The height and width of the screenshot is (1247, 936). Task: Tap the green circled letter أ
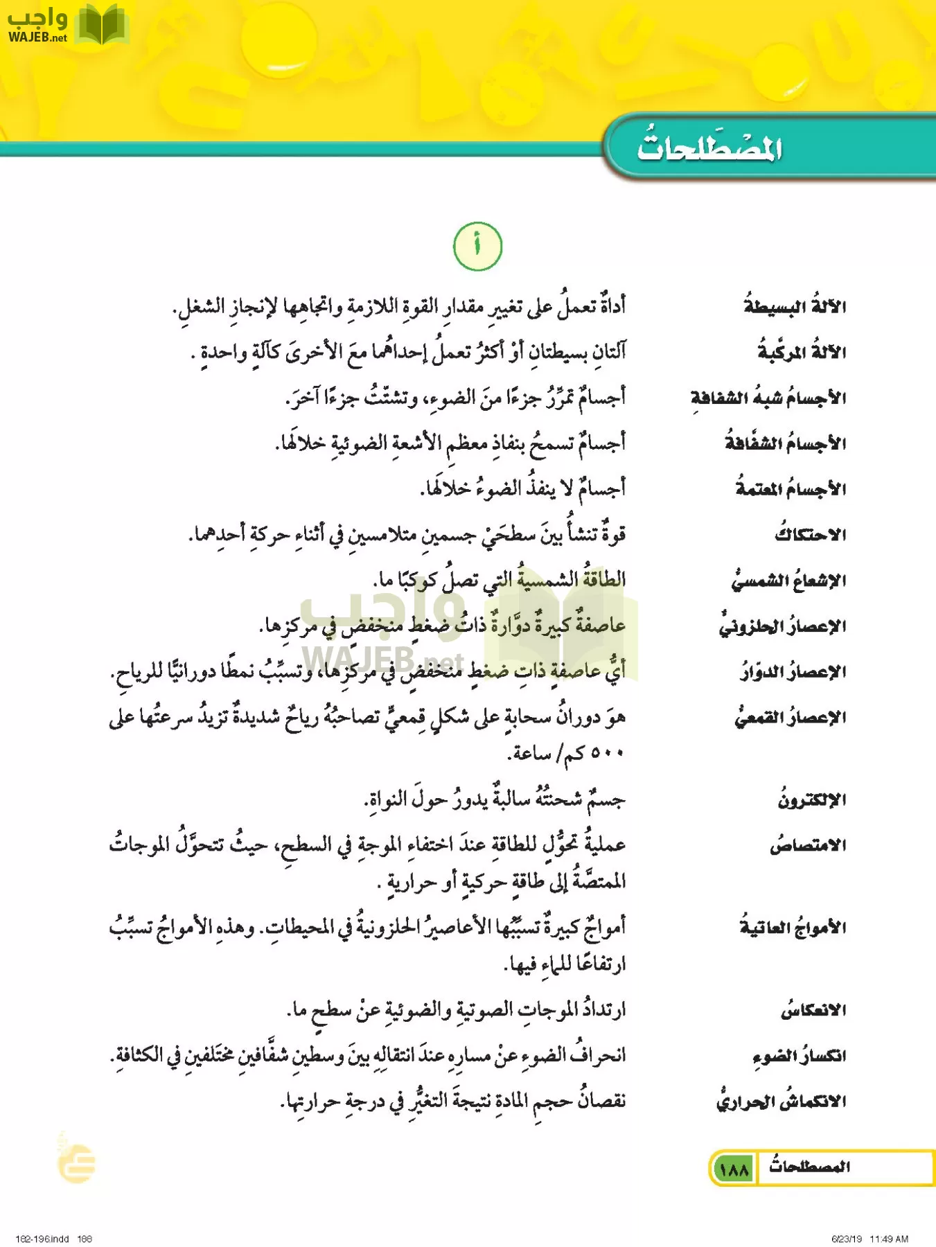click(477, 247)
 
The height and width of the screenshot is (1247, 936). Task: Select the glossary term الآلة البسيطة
click(795, 306)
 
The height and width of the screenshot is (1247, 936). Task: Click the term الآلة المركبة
click(802, 351)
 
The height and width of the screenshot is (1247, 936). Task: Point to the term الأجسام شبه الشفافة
click(768, 397)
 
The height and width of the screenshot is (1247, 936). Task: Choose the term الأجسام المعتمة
click(791, 488)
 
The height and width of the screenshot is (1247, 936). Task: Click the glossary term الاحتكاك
click(811, 534)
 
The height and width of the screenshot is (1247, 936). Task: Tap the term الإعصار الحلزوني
click(782, 626)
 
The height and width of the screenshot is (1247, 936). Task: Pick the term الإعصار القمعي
click(791, 717)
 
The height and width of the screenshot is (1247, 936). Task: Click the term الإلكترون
click(811, 799)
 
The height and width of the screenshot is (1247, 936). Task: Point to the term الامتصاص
click(808, 845)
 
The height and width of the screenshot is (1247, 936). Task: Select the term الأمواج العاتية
click(793, 927)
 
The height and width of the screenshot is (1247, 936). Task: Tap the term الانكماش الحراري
click(781, 1102)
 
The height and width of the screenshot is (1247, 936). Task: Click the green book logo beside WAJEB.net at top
click(102, 26)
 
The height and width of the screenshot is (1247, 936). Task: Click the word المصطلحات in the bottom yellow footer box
click(809, 1167)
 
